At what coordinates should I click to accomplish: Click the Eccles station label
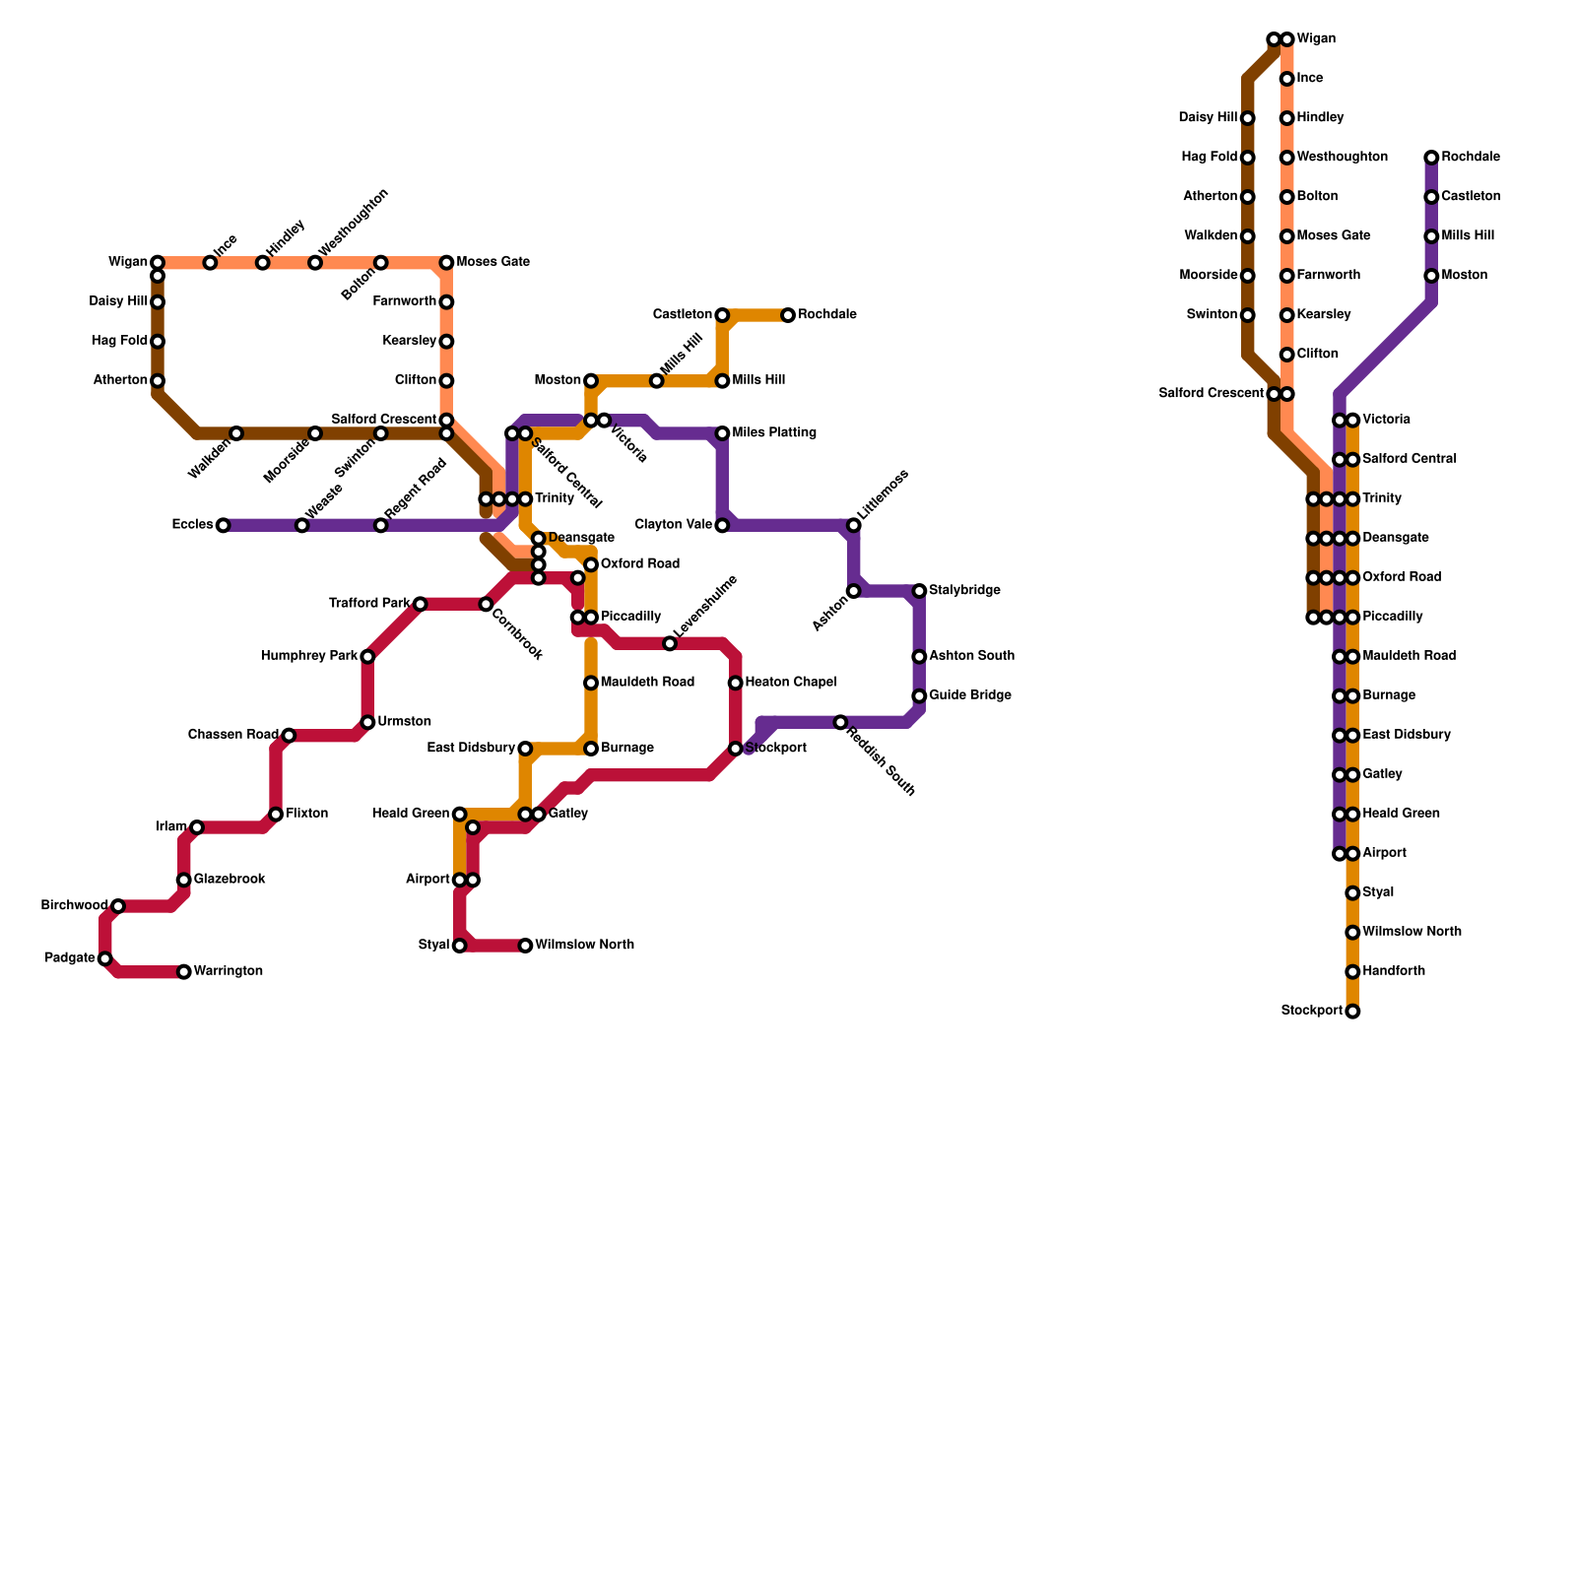click(192, 525)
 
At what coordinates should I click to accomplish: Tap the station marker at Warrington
click(184, 972)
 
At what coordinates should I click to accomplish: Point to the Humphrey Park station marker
click(367, 657)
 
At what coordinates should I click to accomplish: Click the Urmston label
click(404, 722)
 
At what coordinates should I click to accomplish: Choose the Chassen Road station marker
click(289, 736)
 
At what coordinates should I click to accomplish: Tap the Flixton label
click(306, 815)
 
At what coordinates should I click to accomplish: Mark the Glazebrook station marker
click(184, 880)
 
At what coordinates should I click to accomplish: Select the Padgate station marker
click(105, 958)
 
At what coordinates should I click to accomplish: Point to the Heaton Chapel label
click(791, 683)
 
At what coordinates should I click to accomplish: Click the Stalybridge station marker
click(919, 591)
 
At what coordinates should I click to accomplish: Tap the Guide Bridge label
click(970, 696)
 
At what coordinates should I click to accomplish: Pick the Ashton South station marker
click(919, 657)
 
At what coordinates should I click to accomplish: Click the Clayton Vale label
click(674, 525)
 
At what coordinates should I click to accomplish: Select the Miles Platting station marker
click(722, 433)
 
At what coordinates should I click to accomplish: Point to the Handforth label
click(1394, 972)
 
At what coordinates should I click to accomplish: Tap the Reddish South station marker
click(840, 723)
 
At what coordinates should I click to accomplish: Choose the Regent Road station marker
click(381, 525)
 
